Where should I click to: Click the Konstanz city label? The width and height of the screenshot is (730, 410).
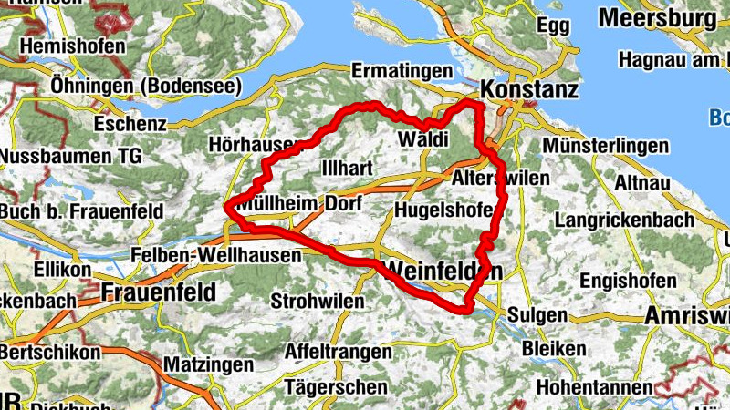(x=529, y=90)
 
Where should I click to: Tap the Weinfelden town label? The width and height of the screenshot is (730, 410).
(x=444, y=271)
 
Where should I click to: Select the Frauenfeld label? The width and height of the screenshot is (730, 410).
(x=160, y=292)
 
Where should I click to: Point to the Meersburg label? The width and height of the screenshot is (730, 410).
(x=657, y=17)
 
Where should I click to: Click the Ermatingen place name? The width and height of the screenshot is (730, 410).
(x=402, y=71)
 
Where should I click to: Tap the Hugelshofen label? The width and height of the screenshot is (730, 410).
(x=444, y=210)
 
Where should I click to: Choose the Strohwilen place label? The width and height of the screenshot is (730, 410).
(x=315, y=301)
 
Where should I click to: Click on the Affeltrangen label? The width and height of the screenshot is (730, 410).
(x=339, y=351)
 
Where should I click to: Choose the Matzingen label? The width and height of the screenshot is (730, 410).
(x=208, y=364)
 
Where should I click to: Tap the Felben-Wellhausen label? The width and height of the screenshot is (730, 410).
(x=215, y=256)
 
